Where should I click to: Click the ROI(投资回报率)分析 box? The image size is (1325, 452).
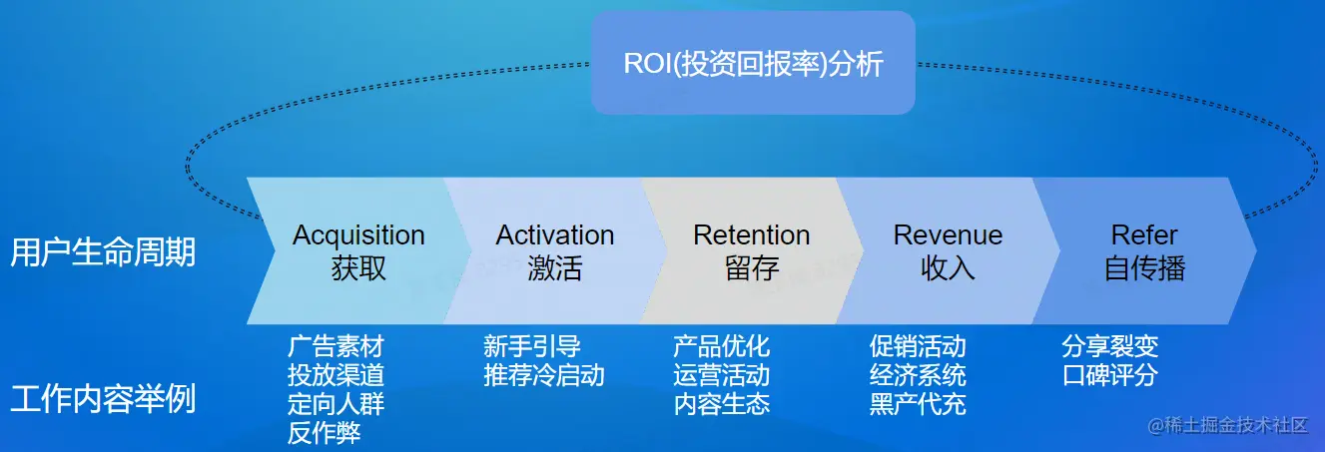coord(753,64)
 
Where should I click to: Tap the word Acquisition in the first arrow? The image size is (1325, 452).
coord(358,235)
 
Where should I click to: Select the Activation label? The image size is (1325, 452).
coord(555,235)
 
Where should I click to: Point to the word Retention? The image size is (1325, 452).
coord(752,235)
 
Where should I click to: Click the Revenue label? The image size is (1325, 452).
coord(948,235)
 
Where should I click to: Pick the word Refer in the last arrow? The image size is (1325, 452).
coord(1144,235)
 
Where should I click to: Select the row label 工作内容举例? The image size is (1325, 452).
coord(103,399)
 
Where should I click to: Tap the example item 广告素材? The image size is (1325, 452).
coord(335,347)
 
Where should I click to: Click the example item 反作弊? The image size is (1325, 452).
coord(324,433)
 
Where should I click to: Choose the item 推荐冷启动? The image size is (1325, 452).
coord(544,376)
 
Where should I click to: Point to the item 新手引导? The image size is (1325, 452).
coord(532,347)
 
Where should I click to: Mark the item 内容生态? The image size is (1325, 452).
coord(722,404)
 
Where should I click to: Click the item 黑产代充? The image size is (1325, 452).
coord(918,404)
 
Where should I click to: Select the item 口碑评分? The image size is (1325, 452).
coord(1110,376)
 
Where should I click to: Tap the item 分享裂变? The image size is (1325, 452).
coord(1110,347)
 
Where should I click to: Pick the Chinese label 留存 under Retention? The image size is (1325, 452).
coord(752,268)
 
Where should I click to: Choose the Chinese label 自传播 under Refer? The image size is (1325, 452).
coord(1144,268)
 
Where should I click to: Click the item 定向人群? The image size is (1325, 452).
coord(335,404)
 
